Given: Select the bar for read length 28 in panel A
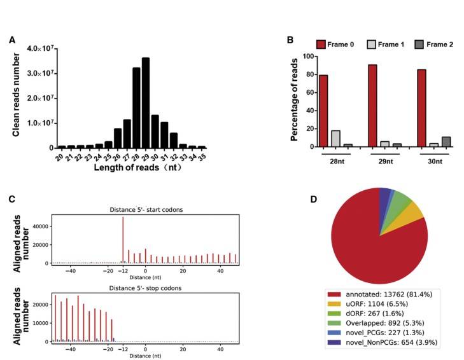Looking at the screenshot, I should point(136,107).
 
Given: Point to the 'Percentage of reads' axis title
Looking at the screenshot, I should point(295,102).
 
